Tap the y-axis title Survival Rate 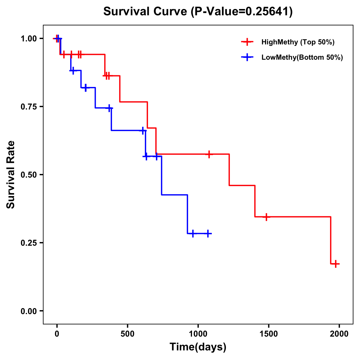click(11, 175)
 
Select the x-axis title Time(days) click(198, 347)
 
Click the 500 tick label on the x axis click(127, 334)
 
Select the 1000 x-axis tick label click(198, 334)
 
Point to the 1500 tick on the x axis click(268, 334)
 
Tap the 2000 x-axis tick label click(339, 334)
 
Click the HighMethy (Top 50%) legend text click(298, 42)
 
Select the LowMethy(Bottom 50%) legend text click(302, 57)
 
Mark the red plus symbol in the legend click(247, 42)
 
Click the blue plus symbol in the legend click(247, 57)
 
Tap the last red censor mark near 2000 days click(336, 264)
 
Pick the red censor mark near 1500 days click(266, 217)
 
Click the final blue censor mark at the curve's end click(208, 233)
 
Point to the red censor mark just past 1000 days click(209, 154)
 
